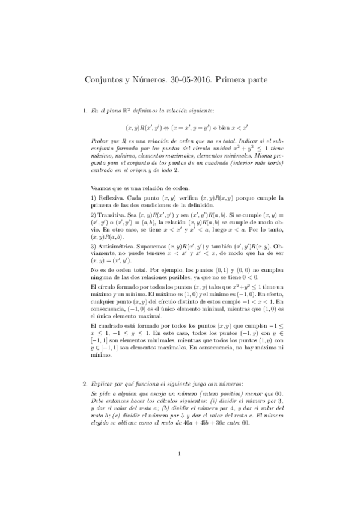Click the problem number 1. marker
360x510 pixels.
point(84,111)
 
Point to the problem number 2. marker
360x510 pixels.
point(84,383)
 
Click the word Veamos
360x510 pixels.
point(101,187)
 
